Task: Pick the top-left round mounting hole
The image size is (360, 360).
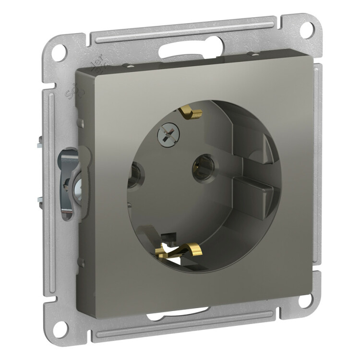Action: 58,52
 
